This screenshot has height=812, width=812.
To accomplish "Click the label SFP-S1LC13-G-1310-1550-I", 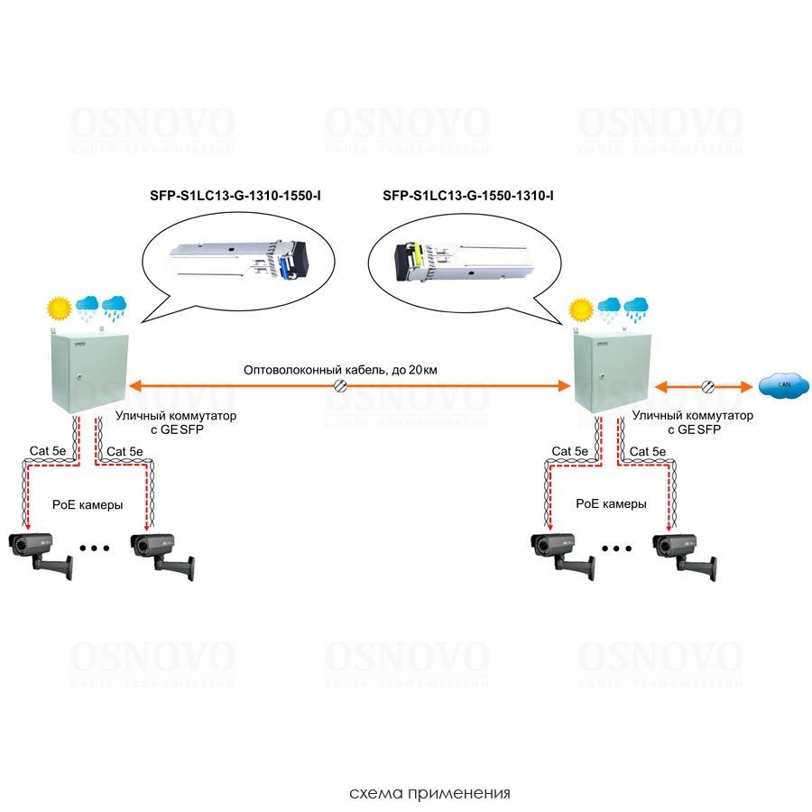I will pyautogui.click(x=235, y=195).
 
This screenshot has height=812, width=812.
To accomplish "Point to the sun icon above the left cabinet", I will pyautogui.click(x=60, y=309).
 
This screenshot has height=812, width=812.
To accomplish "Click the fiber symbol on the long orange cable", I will pyautogui.click(x=341, y=386).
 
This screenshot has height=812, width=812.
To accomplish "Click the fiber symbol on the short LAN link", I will pyautogui.click(x=706, y=386).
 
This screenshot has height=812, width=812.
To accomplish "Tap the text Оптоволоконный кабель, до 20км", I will pyautogui.click(x=341, y=370).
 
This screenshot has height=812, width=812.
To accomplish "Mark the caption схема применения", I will pyautogui.click(x=429, y=794).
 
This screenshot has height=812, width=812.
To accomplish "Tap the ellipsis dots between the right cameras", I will pyautogui.click(x=616, y=548).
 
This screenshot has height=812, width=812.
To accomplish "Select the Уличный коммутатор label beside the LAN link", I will pyautogui.click(x=692, y=416).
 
